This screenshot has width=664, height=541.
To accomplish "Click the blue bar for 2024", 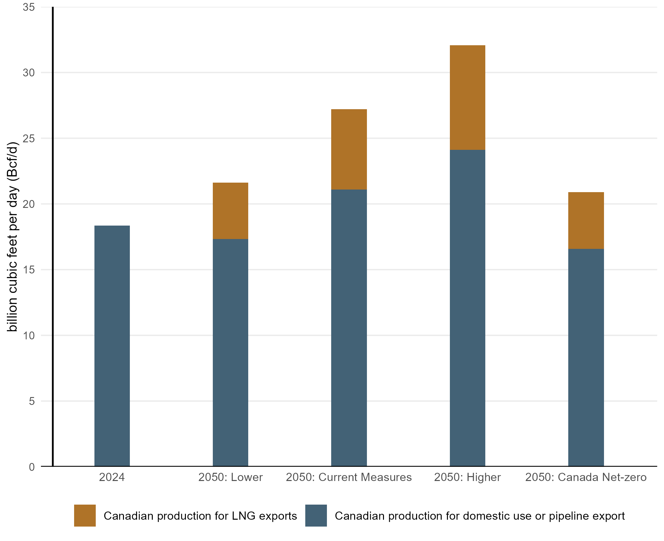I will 112,346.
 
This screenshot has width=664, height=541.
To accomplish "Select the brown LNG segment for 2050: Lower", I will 231,211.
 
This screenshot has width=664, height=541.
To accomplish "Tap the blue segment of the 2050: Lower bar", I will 231,352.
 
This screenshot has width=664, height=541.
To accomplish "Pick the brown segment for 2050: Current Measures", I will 349,149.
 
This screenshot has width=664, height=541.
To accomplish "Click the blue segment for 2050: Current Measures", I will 349,328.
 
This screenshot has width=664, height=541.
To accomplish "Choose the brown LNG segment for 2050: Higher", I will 467,97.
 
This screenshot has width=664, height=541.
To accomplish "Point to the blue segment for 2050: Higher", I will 467,308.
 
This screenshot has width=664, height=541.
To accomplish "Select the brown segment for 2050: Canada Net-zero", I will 586,220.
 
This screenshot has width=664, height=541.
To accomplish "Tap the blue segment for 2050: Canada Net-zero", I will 586,357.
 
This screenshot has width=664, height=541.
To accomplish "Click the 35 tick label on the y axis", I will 29,7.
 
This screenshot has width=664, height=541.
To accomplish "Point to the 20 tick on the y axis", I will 29,204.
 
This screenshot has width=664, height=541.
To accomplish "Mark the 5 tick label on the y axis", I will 31,401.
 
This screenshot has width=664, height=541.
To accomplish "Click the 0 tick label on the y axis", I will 31,467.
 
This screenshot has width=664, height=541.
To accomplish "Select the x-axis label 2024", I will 112,477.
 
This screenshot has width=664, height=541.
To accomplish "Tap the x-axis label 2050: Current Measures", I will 349,477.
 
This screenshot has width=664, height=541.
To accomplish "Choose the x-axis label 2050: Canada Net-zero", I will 586,477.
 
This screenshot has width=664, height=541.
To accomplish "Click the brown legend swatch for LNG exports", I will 85,516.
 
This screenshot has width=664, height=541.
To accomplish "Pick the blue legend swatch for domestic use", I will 316,516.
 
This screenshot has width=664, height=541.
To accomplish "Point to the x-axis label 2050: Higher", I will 467,477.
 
